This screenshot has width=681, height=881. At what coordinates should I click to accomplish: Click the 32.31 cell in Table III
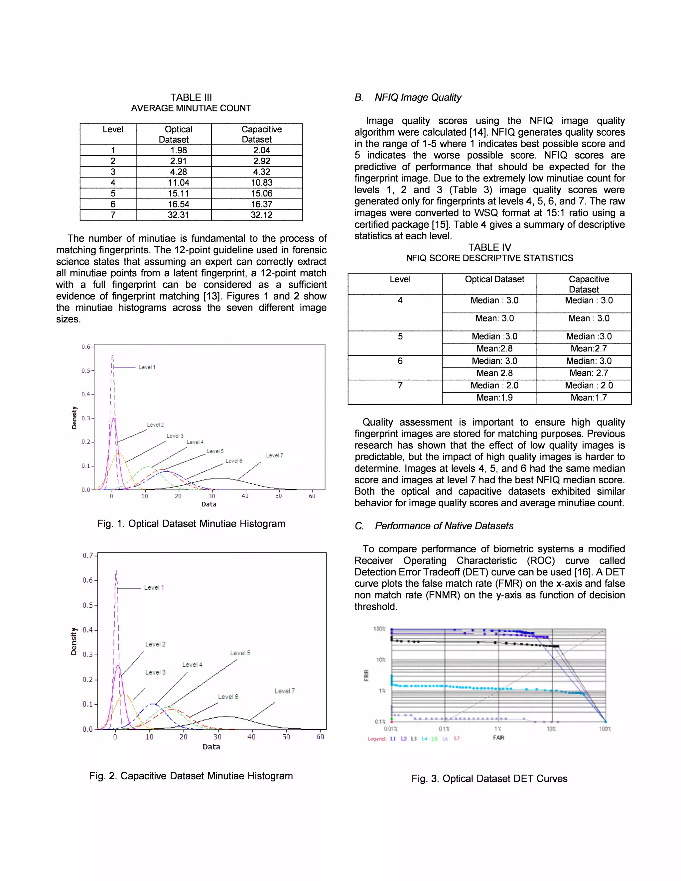[178, 215]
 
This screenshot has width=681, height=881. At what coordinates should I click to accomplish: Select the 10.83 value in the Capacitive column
[261, 183]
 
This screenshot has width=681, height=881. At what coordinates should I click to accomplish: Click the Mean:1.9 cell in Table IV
[494, 398]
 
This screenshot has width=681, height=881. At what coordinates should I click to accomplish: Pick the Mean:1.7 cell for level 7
[589, 398]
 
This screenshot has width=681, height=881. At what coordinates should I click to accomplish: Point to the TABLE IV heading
[489, 247]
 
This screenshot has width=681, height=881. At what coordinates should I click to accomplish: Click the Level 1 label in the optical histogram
[147, 367]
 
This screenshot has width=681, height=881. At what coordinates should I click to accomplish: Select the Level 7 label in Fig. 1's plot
[274, 455]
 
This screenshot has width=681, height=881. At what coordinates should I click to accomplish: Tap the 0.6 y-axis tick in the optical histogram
[86, 347]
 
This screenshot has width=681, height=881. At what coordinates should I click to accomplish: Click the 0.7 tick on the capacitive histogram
[87, 556]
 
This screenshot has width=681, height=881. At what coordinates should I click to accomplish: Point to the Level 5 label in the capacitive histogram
[240, 653]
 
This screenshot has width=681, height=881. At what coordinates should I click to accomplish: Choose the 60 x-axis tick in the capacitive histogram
[320, 737]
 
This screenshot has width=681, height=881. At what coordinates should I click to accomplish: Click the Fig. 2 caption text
[191, 776]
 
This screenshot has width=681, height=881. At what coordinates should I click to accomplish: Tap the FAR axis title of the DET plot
[498, 737]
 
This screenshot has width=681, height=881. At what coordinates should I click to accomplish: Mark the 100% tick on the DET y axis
[379, 629]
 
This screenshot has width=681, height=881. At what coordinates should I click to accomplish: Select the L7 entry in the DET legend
[457, 739]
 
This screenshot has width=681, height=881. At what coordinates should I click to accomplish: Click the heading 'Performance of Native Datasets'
[444, 526]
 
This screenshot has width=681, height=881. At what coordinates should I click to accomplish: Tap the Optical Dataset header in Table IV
[494, 279]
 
